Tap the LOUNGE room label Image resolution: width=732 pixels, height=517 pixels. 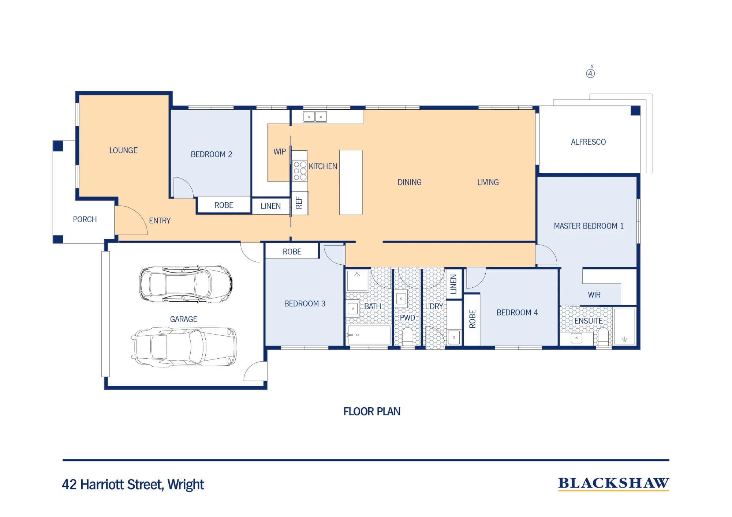[123, 150]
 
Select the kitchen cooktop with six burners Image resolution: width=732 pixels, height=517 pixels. [300, 171]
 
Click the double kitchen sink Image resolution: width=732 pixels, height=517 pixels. [315, 117]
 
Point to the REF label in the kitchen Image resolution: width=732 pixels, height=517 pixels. [299, 203]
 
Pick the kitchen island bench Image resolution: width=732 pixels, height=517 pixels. [351, 182]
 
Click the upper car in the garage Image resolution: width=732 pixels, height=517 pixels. [186, 284]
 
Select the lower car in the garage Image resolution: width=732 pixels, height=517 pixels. [184, 347]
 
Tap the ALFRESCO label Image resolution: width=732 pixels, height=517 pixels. [588, 142]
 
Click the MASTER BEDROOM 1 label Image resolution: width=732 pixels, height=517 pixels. [589, 226]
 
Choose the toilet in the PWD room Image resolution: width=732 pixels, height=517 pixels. [407, 336]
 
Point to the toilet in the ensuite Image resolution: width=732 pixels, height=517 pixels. [603, 336]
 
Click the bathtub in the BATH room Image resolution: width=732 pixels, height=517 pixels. [369, 335]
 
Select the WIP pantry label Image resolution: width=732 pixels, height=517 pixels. [280, 151]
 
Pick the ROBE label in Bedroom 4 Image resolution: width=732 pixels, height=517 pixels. [472, 319]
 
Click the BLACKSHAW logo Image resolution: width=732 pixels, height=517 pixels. [613, 483]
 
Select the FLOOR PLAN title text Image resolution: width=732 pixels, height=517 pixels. [372, 412]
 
